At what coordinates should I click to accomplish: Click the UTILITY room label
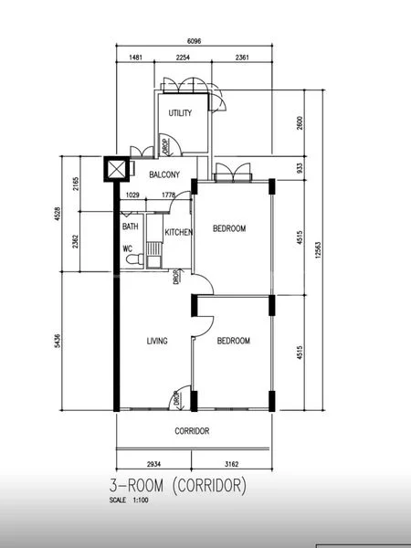pos(180,113)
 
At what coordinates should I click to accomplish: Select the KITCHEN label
pos(178,232)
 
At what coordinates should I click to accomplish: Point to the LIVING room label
pos(158,341)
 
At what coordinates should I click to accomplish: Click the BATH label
pos(130,227)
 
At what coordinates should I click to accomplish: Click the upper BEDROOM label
pos(229,228)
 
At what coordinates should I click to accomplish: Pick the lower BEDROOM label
pos(233,341)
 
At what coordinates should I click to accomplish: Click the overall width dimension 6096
pos(195,41)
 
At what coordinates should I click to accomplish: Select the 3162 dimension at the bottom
pos(233,463)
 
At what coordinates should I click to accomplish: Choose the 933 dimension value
pos(300,167)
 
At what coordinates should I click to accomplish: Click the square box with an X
pos(116,169)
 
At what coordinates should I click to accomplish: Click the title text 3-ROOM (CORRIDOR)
pos(177,486)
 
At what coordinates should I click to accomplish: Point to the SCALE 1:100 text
pos(132,501)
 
